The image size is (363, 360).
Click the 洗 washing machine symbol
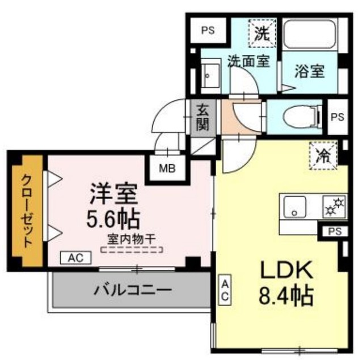(x=261, y=33)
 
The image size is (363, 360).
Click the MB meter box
(x=166, y=168)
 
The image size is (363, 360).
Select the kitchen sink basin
(x=295, y=206)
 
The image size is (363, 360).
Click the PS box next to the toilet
(x=337, y=117)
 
